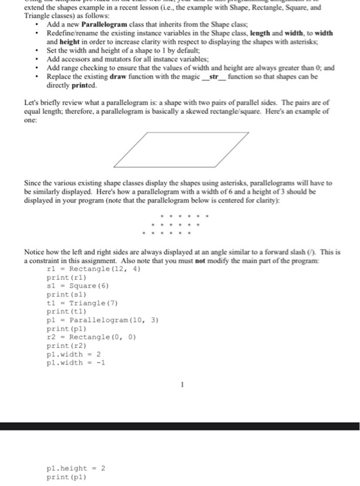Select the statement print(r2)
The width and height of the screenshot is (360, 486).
[66, 345]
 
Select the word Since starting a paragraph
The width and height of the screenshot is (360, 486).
[33, 183]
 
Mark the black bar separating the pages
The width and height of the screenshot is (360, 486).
[180, 426]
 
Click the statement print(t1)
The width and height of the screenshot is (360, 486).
[66, 311]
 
